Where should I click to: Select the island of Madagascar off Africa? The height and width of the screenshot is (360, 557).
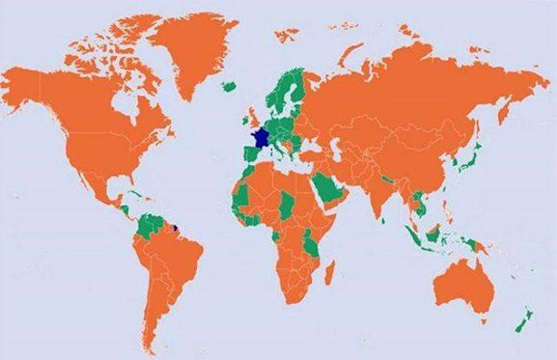click(x=342, y=275)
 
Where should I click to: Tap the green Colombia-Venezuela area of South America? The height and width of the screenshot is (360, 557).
click(x=149, y=223)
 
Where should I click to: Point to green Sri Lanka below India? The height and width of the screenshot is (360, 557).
click(x=388, y=223)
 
